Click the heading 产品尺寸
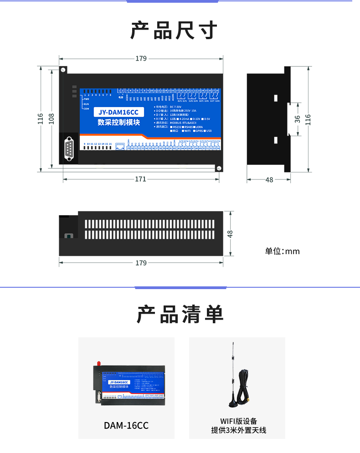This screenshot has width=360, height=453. coord(175,31)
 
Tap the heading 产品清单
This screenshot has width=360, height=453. coord(180,314)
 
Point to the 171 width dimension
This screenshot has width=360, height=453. coord(140,179)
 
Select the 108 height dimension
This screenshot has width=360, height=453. coord(51,119)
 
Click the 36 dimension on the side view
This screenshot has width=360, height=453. coord(297,119)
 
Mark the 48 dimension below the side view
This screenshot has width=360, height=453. coord(269,180)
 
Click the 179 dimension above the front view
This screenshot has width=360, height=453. coord(141,58)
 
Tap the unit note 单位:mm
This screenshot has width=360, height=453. coord(283,251)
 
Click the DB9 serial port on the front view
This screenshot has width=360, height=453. coord(69,149)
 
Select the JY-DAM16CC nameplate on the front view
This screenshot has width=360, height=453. coord(118,112)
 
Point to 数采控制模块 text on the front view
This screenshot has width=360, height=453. coord(118,122)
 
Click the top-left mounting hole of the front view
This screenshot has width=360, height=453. coord(64,70)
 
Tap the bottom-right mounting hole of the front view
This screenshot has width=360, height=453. coord(219,168)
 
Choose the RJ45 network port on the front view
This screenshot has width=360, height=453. coord(120,146)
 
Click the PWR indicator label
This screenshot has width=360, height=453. coord(86,99)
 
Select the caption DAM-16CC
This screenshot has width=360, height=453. coord(126,426)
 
